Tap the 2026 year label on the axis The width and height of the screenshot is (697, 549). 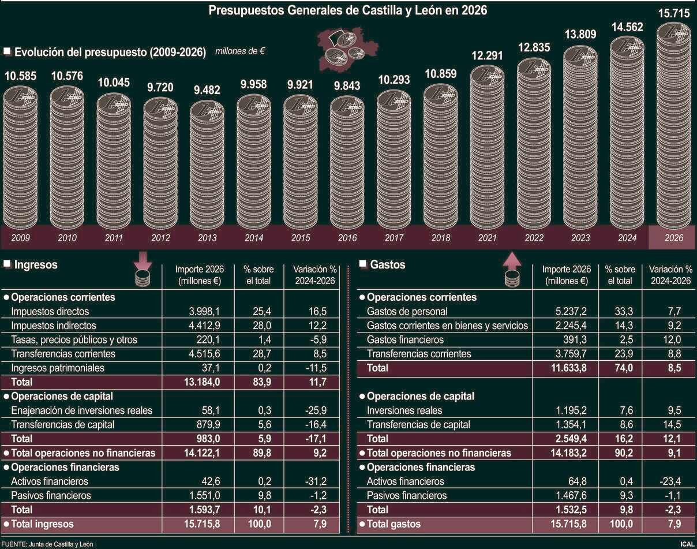click(x=672, y=238)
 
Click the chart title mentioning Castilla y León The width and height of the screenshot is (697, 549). click(x=348, y=10)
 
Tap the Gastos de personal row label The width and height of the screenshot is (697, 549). click(x=407, y=312)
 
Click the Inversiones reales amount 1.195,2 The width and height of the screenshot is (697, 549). click(x=571, y=410)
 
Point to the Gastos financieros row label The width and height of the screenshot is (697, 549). click(x=405, y=339)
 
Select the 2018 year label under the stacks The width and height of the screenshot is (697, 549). click(x=440, y=238)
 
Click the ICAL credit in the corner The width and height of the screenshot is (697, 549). click(x=687, y=544)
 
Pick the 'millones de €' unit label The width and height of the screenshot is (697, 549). click(x=240, y=51)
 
